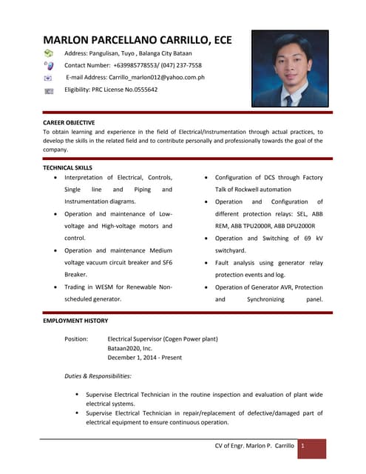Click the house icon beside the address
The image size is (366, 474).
pyautogui.click(x=49, y=54)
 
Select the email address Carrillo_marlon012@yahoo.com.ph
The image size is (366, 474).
pyautogui.click(x=158, y=77)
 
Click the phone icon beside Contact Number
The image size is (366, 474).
pyautogui.click(x=49, y=65)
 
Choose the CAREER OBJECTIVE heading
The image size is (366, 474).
pyautogui.click(x=69, y=121)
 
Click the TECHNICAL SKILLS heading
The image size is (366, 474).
pyautogui.click(x=68, y=168)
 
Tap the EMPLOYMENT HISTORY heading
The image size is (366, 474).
pyautogui.click(x=75, y=321)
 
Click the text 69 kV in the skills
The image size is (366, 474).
pyautogui.click(x=310, y=238)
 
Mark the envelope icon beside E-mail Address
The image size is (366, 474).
pyautogui.click(x=49, y=77)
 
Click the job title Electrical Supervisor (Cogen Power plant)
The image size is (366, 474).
pyautogui.click(x=163, y=338)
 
